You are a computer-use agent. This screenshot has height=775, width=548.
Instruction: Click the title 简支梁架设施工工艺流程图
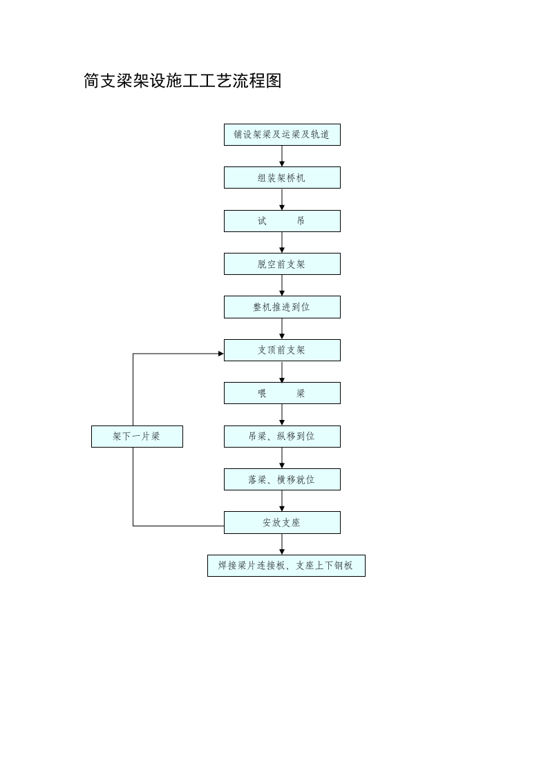182,82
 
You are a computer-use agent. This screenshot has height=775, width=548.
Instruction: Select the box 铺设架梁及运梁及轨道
282,135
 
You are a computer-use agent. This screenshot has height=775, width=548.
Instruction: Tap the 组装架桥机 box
282,178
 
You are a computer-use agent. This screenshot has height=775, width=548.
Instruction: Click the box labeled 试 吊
282,221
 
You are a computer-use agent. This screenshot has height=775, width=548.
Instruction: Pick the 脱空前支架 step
282,264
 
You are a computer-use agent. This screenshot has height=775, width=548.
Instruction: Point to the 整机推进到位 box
282,307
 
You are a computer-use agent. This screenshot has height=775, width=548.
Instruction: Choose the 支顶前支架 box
282,350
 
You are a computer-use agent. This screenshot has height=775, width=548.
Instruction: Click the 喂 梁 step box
282,393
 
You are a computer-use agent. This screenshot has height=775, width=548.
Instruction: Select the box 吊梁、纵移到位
282,437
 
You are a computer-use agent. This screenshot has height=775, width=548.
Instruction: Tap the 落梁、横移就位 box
282,479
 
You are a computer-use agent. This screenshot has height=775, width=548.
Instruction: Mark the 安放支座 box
282,522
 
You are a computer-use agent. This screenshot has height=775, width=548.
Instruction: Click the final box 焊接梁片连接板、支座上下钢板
286,566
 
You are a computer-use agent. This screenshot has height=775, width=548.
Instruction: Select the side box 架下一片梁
137,437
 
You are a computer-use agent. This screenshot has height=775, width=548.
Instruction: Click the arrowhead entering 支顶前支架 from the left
220,354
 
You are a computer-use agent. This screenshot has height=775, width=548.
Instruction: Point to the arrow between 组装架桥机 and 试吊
282,200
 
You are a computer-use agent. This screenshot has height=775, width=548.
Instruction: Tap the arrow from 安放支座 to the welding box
282,544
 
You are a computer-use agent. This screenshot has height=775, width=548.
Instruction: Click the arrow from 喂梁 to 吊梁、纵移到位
282,415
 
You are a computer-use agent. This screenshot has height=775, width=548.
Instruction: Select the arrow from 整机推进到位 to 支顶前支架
282,329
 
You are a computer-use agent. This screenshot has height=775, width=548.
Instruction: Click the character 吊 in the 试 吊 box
301,221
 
